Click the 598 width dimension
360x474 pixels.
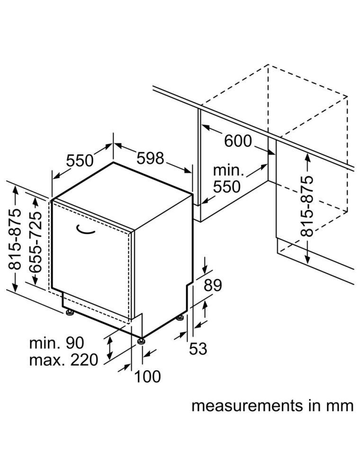click(151, 158)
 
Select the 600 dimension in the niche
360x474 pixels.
click(238, 141)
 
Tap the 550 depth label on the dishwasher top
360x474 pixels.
click(80, 161)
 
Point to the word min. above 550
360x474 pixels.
click(228, 170)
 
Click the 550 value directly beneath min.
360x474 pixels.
click(227, 186)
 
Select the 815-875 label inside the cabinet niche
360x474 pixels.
click(307, 206)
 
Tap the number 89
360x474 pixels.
click(213, 285)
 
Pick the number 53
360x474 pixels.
click(198, 349)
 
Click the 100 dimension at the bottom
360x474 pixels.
click(147, 377)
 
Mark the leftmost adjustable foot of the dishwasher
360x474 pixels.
click(70, 312)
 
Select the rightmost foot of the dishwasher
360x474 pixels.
click(180, 317)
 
